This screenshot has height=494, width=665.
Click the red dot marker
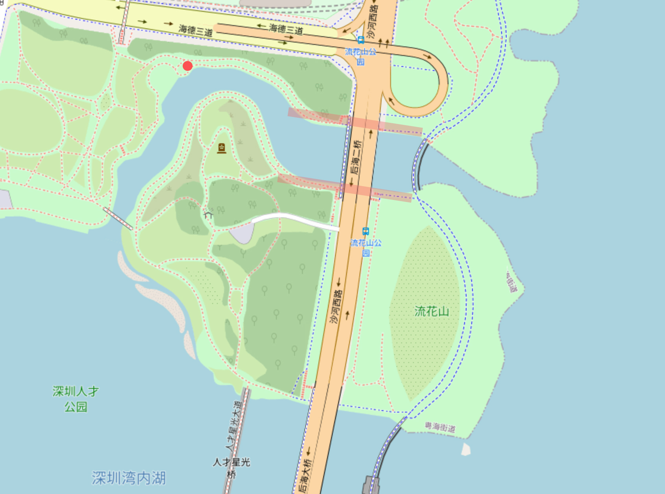coord(187,66)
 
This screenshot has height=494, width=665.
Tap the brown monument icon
coord(222,148)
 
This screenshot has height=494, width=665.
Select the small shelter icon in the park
coord(209,215)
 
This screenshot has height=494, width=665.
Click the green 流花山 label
coord(432,312)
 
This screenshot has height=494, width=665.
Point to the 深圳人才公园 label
coord(76,399)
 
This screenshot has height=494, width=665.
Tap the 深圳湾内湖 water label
coord(129,478)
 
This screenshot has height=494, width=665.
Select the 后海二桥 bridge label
coord(356,157)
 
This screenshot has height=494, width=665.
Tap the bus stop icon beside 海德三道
coord(361,40)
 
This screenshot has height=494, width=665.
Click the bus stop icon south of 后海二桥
coord(366,231)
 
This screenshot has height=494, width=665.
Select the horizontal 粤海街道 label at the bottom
coord(440,427)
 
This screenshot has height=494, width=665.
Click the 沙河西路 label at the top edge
coord(372,22)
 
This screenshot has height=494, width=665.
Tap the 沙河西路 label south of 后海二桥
coord(336,307)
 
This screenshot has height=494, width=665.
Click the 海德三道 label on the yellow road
coord(196,30)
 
